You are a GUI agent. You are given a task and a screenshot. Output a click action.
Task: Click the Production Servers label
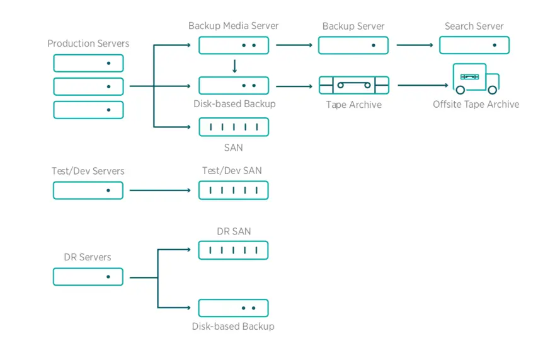[x=88, y=44]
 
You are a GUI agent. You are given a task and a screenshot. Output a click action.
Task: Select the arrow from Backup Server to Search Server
[x=415, y=45]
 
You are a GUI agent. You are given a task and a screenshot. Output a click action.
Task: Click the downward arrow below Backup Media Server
[x=235, y=66]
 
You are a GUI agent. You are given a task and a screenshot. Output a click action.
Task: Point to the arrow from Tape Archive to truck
[x=423, y=85]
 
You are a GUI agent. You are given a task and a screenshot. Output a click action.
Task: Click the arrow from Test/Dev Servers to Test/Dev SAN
[x=160, y=190]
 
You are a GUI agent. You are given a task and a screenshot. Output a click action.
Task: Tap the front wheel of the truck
[x=493, y=90]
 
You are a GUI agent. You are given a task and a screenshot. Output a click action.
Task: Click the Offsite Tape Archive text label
[x=476, y=104]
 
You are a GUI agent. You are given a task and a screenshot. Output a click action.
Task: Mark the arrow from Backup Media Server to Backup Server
[x=294, y=45]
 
